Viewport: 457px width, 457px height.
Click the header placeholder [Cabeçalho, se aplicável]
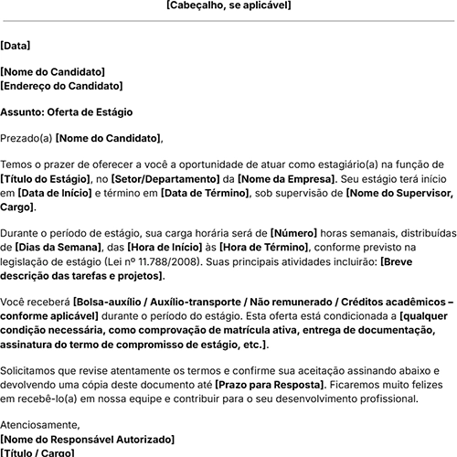(228, 5)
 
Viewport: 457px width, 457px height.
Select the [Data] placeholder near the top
(16, 44)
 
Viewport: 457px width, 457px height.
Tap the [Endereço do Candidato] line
(61, 85)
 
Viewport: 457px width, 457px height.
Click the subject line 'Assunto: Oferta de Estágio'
(66, 112)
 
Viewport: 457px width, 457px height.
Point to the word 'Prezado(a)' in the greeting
(26, 138)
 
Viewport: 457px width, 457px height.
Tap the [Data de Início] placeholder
(53, 194)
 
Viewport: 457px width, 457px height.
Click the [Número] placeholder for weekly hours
(294, 233)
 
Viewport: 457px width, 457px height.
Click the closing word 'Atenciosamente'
(39, 424)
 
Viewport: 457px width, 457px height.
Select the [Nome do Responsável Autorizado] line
(88, 439)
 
